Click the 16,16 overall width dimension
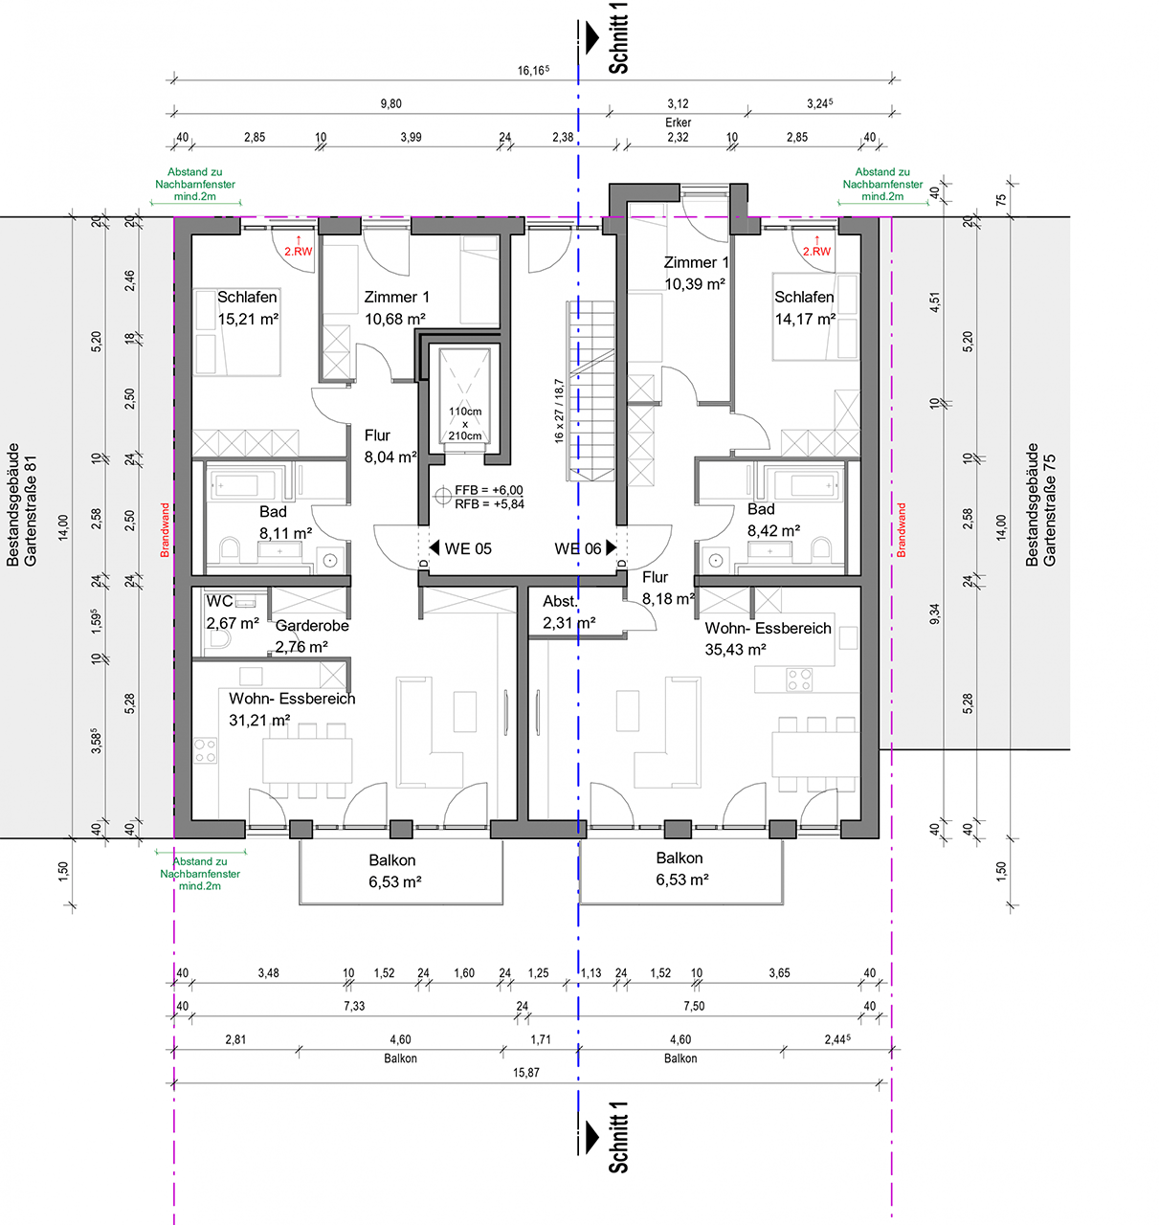(x=533, y=71)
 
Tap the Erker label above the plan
(x=678, y=122)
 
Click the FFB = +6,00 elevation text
(x=488, y=490)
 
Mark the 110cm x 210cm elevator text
(x=465, y=423)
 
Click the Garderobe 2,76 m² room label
(x=312, y=635)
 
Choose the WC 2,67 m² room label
(x=232, y=612)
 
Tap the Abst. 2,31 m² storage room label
(x=568, y=612)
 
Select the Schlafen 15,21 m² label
(x=247, y=308)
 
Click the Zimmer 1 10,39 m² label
(x=695, y=273)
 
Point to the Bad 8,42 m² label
(x=772, y=520)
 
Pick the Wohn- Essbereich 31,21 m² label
(x=292, y=709)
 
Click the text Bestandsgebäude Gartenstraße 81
(x=21, y=504)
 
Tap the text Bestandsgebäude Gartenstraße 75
(x=1040, y=504)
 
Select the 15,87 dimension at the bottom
(x=526, y=1072)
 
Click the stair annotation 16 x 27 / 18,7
(x=558, y=412)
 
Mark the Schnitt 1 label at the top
(x=618, y=38)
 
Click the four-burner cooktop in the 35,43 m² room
(x=798, y=679)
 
